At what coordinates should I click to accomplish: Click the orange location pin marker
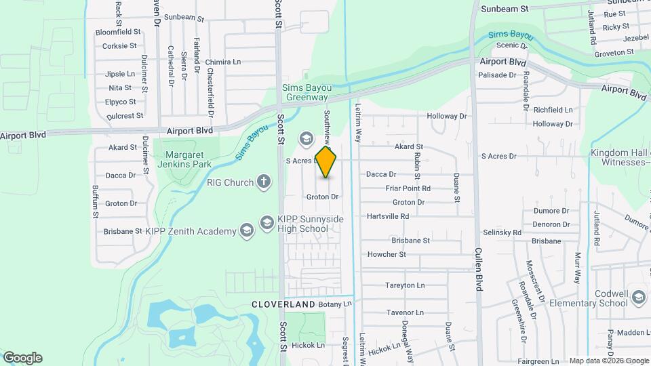(x=326, y=161)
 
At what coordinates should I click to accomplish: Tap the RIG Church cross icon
(x=264, y=182)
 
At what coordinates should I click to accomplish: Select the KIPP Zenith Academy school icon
(x=246, y=231)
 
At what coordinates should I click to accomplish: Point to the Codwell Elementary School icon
(x=637, y=298)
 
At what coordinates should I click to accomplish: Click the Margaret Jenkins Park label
(x=184, y=159)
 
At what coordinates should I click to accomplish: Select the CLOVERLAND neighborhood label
(x=283, y=304)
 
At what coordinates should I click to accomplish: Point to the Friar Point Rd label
(x=408, y=188)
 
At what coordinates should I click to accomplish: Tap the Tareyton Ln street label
(x=405, y=285)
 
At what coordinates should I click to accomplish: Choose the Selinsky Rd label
(x=502, y=232)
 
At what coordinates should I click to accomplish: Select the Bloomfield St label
(x=117, y=32)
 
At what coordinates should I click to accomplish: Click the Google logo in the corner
(x=22, y=358)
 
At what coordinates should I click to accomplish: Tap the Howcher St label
(x=387, y=255)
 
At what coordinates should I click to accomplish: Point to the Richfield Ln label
(x=553, y=110)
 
